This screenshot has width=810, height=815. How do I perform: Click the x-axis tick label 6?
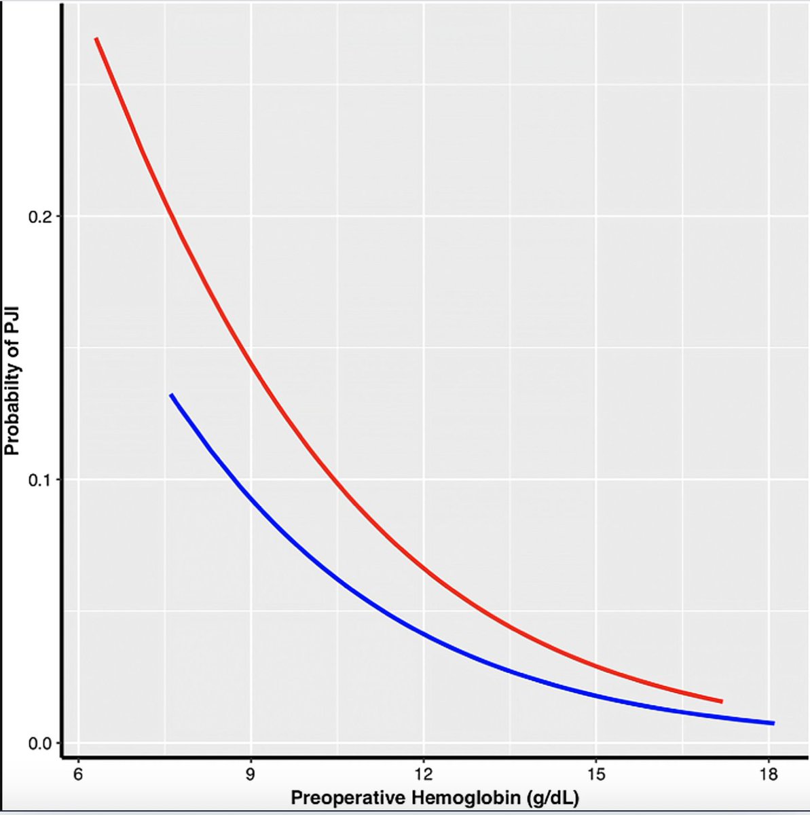pyautogui.click(x=78, y=774)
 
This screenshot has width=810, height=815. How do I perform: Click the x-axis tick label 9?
pyautogui.click(x=251, y=774)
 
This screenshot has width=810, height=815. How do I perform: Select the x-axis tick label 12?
pyautogui.click(x=423, y=774)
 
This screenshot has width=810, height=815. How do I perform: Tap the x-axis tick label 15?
pyautogui.click(x=595, y=774)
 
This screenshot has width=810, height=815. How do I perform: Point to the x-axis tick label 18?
pyautogui.click(x=768, y=774)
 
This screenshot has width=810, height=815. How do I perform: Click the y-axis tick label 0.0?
pyautogui.click(x=39, y=743)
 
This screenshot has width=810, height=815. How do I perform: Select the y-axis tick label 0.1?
pyautogui.click(x=39, y=479)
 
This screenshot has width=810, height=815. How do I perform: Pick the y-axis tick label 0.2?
pyautogui.click(x=39, y=217)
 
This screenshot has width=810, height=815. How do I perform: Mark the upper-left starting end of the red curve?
pyautogui.click(x=96, y=39)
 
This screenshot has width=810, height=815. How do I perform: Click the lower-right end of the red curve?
pyautogui.click(x=722, y=701)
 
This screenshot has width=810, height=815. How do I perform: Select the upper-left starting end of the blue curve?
pyautogui.click(x=171, y=395)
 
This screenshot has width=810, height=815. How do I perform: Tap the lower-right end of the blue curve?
pyautogui.click(x=773, y=723)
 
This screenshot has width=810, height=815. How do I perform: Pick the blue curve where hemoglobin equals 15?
pyautogui.click(x=595, y=695)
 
